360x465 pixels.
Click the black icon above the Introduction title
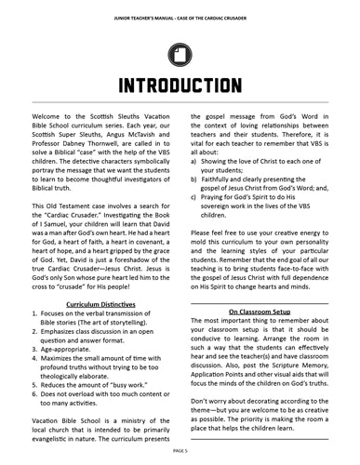coord(179,53)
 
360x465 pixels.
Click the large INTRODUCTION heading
coord(180,86)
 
